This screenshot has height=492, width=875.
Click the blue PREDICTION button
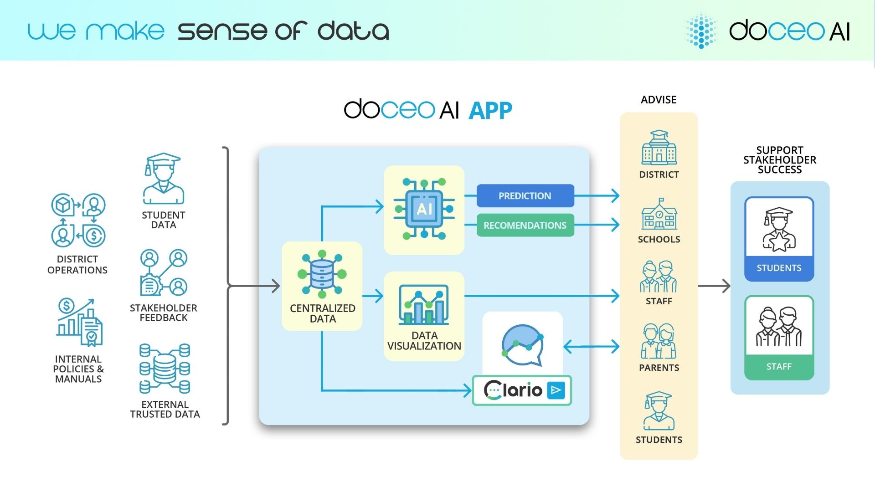[525, 196]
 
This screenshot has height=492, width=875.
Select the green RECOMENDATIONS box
[525, 225]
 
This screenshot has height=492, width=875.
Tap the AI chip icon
[424, 209]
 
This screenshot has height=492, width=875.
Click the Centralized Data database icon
[322, 274]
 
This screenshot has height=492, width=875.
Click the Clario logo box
[522, 390]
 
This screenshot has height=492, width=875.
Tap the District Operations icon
[78, 220]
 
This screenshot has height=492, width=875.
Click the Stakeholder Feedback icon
[164, 273]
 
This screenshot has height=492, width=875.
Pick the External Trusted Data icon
[165, 369]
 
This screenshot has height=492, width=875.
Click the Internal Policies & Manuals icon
[79, 323]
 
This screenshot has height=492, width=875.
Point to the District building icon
[659, 148]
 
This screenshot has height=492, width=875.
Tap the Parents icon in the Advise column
[659, 341]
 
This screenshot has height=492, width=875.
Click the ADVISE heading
[659, 100]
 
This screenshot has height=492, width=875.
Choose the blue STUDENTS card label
[779, 268]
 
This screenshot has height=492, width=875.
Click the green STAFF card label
[779, 367]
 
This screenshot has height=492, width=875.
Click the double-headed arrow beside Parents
[591, 346]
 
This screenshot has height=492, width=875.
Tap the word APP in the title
[490, 111]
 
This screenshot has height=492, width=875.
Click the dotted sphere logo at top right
[701, 31]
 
